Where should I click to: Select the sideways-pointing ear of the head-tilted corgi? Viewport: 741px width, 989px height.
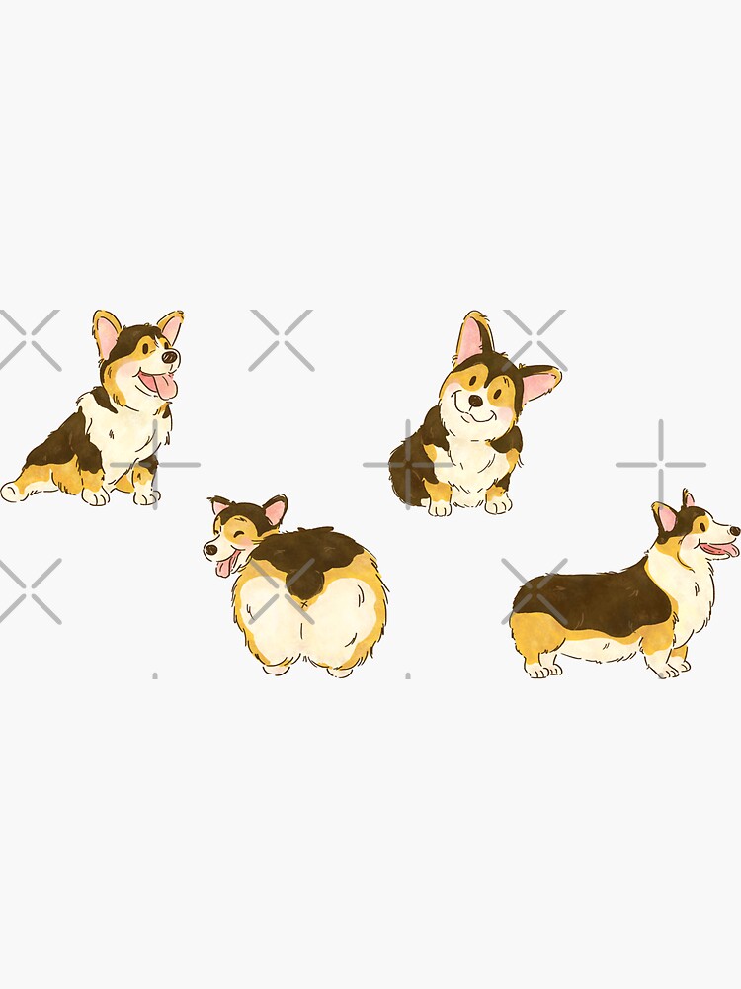[x=539, y=383]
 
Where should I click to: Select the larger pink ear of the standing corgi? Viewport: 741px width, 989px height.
[x=667, y=517]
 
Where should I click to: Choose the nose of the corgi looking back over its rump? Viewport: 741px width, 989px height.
[x=209, y=550]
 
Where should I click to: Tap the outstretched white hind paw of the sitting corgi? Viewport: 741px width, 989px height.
[x=12, y=491]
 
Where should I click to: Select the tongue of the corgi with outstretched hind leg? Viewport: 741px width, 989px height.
[x=163, y=386]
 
